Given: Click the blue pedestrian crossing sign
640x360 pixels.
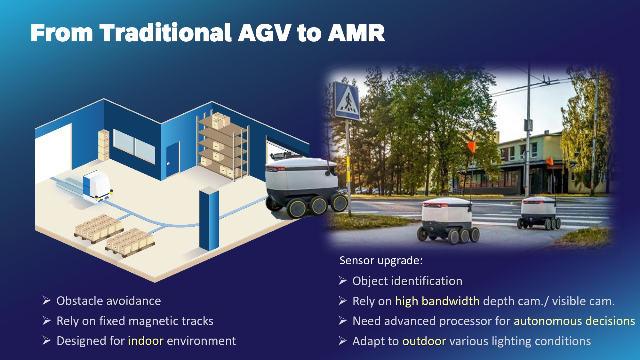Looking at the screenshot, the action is click(x=346, y=100).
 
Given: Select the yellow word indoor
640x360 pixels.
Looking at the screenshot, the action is click(x=146, y=341).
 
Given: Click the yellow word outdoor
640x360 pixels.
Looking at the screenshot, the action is click(x=424, y=341).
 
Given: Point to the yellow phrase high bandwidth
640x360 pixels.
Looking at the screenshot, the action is click(x=437, y=301).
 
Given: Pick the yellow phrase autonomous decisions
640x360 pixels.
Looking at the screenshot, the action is click(x=574, y=321).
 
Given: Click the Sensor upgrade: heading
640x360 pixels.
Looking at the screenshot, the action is click(x=381, y=260).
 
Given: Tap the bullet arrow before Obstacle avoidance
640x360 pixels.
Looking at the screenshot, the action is click(x=47, y=300).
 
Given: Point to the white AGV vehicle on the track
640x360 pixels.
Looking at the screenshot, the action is click(x=97, y=186).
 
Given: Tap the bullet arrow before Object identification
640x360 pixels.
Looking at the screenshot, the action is click(x=343, y=281).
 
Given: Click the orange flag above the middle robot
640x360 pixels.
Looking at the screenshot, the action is click(x=471, y=147).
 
